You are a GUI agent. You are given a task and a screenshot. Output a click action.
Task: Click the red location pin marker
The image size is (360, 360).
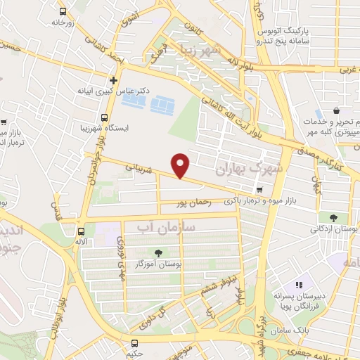click(181, 165)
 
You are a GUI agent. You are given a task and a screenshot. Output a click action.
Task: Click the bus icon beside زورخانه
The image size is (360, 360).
click(63, 12)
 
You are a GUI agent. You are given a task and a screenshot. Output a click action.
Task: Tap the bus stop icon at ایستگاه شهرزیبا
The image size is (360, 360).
click(104, 117)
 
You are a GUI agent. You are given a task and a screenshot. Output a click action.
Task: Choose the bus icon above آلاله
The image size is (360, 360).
click(81, 231)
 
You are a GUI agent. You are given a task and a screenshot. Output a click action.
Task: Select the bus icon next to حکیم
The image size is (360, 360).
click(134, 342)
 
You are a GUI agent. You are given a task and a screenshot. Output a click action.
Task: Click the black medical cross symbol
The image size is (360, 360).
click(114, 80)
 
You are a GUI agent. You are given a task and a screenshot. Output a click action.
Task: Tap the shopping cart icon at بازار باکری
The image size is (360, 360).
click(260, 189)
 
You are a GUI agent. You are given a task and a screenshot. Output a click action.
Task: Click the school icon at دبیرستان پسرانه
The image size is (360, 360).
click(298, 285)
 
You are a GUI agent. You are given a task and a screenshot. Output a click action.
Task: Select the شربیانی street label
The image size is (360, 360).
click(139, 169)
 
